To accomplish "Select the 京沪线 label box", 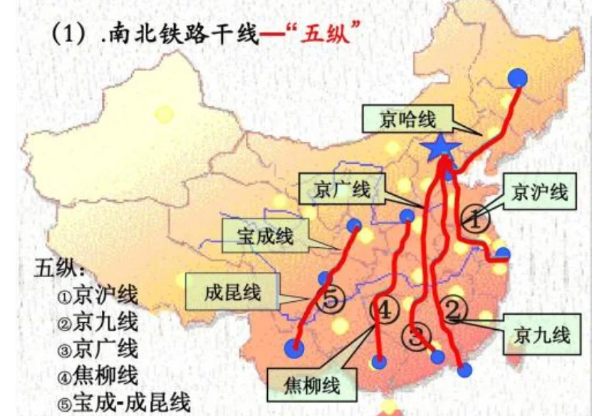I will click(539, 192).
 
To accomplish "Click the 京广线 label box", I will click(341, 190).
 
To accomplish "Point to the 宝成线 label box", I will click(265, 236).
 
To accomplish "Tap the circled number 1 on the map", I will click(474, 217).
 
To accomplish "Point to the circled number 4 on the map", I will click(383, 311).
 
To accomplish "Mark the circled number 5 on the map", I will click(330, 300).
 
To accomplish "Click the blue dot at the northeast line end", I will click(519, 77).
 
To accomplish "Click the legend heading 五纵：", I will click(60, 269).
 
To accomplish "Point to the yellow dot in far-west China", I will click(165, 114).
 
